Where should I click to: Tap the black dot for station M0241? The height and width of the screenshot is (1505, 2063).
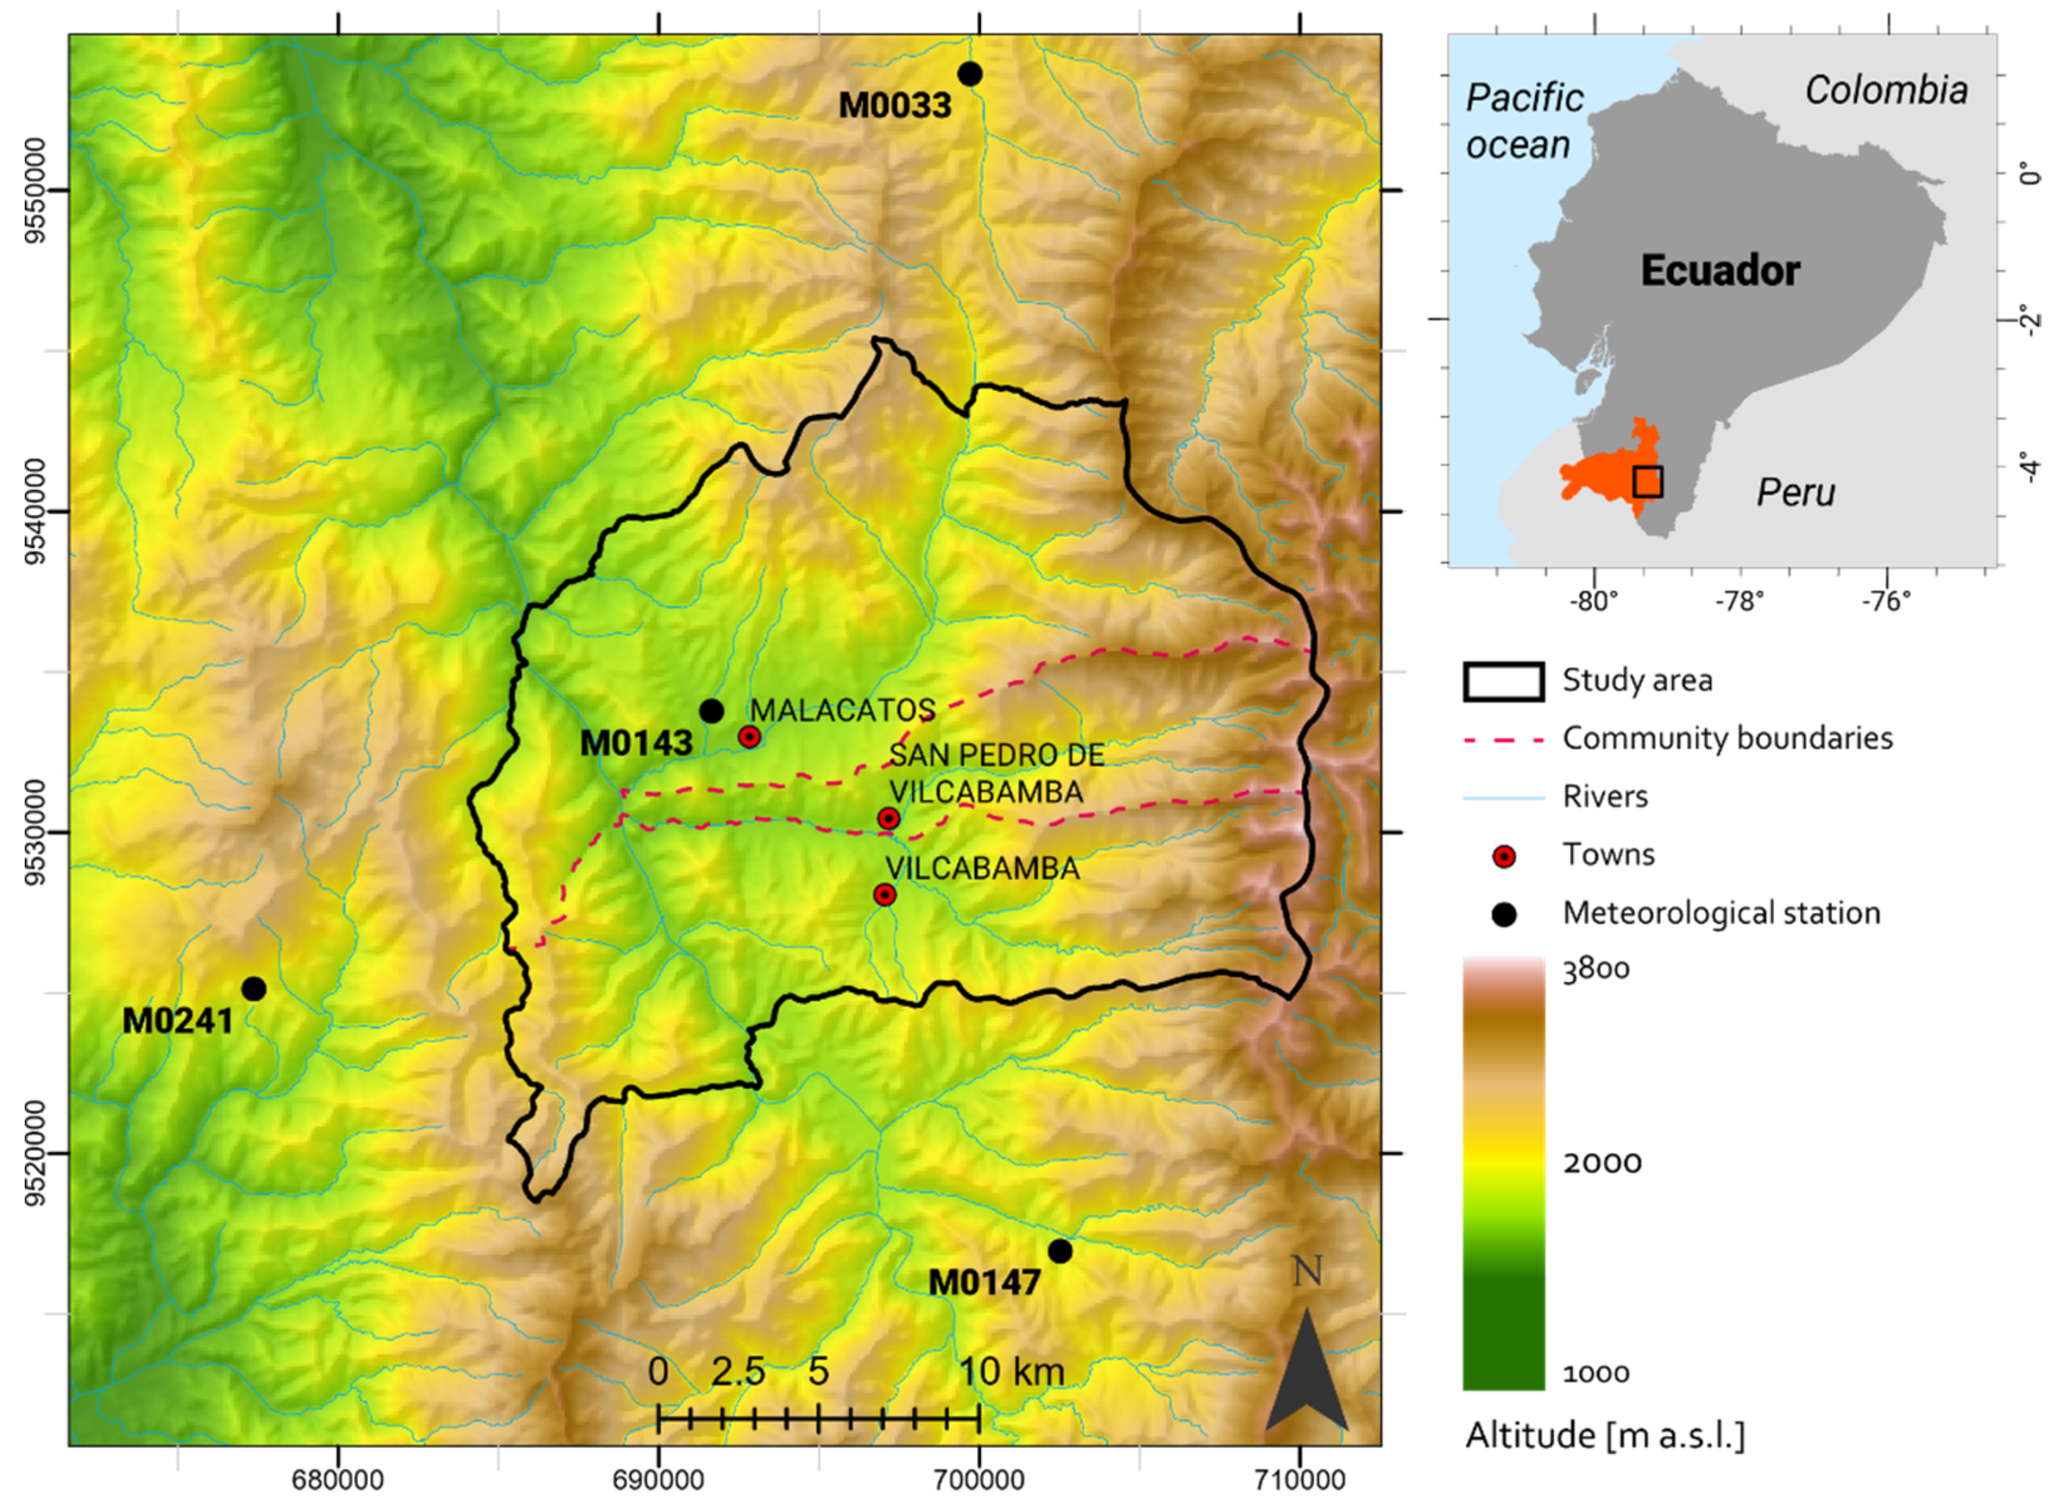pos(254,988)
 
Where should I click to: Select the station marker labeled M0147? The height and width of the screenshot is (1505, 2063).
pos(1059,1251)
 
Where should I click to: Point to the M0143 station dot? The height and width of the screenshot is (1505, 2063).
pos(711,711)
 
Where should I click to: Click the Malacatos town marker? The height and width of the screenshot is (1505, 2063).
pos(750,737)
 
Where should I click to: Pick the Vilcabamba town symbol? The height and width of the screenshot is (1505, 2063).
pos(884,895)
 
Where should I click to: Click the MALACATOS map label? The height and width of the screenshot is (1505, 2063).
pos(842,710)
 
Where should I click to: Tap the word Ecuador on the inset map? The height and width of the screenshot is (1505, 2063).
pos(1720,271)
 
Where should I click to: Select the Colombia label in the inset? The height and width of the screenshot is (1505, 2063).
pos(1886,90)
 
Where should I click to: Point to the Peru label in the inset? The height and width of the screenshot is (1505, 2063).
pos(1795,492)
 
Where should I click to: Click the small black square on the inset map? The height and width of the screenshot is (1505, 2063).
pos(1647,481)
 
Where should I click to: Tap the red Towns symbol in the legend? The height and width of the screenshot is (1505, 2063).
pos(1504,857)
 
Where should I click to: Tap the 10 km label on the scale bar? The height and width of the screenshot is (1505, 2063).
pos(1011,1370)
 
